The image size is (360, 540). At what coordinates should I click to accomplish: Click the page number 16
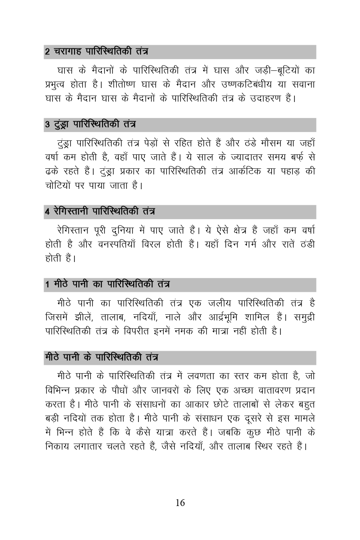180,503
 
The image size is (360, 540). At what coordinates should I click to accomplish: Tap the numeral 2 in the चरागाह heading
47,52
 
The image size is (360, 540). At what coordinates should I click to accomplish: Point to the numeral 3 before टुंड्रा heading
47,125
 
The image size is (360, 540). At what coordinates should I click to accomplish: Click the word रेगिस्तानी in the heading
71,212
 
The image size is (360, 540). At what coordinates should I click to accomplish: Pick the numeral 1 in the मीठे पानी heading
47,284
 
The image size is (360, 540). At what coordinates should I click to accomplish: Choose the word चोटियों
60,185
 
